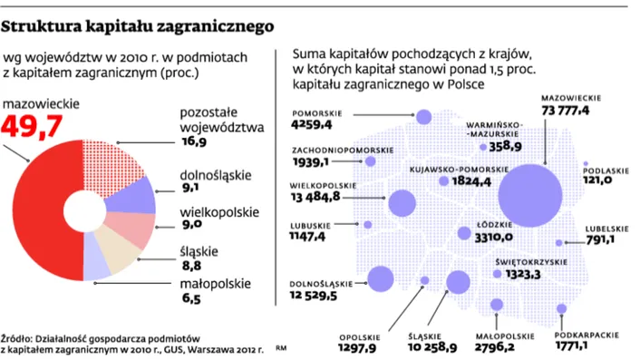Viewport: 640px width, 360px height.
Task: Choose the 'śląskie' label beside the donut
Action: click(x=199, y=251)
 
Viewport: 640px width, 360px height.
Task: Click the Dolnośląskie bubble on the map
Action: click(x=380, y=277)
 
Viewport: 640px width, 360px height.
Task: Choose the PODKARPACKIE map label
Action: click(x=581, y=332)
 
